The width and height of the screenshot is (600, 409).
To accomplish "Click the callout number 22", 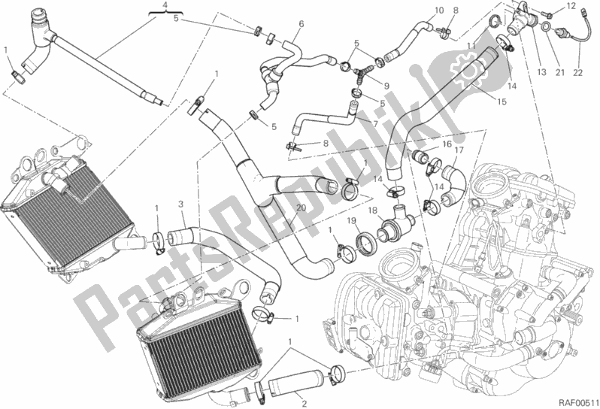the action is (577, 72).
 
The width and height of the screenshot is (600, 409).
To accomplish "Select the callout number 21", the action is (560, 72).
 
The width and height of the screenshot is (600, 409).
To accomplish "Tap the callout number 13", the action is (541, 71).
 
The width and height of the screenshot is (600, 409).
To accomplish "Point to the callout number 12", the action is (571, 6).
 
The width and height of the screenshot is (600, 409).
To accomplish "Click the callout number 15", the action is (502, 101).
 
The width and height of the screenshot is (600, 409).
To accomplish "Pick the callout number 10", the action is (439, 11).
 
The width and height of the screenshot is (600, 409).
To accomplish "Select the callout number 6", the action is (302, 24).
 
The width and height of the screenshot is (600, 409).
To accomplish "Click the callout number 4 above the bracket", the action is (165, 5).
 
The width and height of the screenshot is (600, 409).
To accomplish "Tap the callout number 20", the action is (302, 208).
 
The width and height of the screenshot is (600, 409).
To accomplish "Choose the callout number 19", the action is (352, 221).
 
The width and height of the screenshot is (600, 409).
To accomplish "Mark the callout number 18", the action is (373, 211).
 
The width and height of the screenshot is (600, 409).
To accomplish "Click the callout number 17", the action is (459, 151).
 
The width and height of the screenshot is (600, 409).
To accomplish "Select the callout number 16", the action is (447, 144).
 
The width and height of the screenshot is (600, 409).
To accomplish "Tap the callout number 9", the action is (386, 86).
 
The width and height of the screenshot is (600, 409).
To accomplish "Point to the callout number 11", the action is (471, 47).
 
